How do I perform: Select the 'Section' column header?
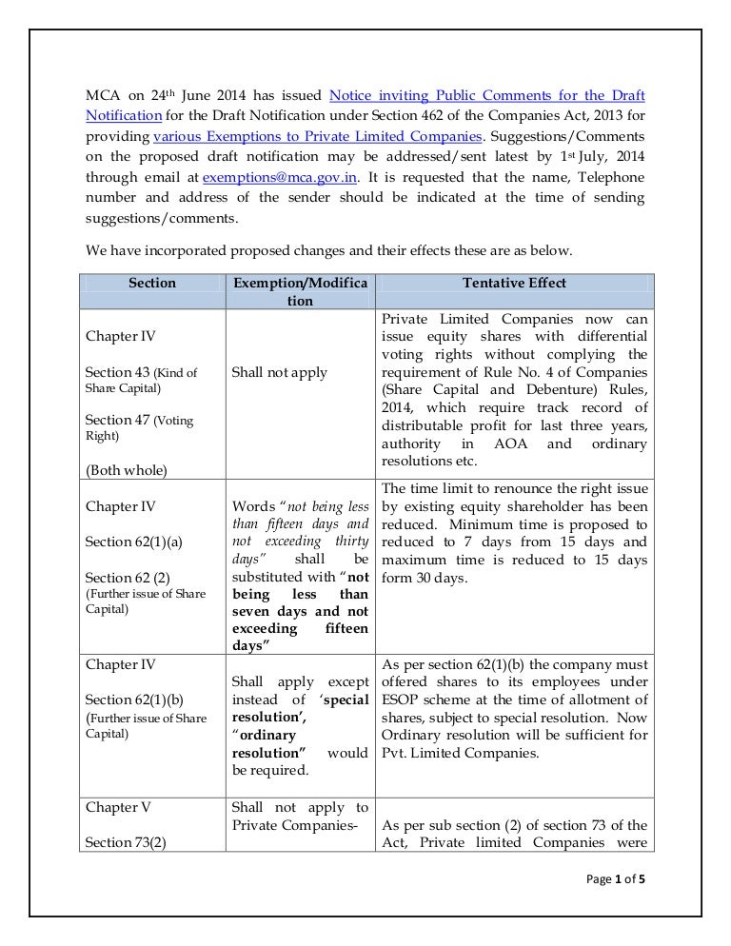click(151, 283)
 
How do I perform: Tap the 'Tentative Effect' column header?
click(514, 283)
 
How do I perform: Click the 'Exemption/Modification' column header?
click(300, 291)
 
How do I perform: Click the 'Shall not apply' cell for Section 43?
click(279, 372)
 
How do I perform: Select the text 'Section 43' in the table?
click(117, 372)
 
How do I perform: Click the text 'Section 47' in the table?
click(117, 420)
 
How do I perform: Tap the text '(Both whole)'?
click(125, 468)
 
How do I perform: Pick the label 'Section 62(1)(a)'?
click(131, 542)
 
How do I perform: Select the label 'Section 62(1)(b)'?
click(131, 700)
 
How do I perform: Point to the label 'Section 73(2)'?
click(121, 842)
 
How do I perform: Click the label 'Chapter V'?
click(118, 807)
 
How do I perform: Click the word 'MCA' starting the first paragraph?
click(102, 95)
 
